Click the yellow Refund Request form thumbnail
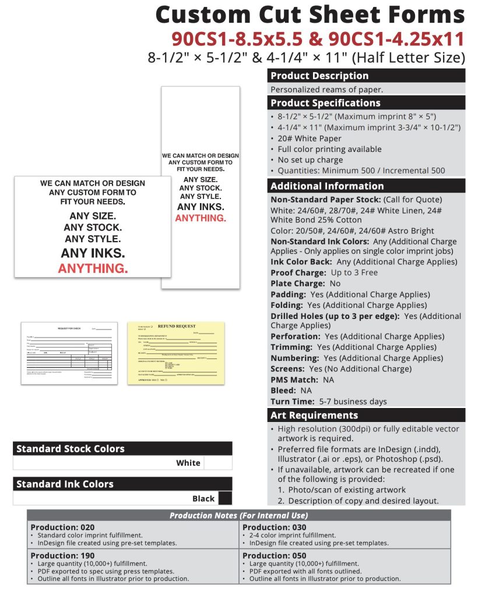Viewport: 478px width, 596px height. tap(167, 353)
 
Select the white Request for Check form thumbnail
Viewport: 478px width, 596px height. tap(69, 352)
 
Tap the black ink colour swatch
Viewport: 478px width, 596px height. tap(224, 498)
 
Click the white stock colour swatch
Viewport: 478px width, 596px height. tap(218, 463)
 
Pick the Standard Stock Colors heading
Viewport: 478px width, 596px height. tap(71, 449)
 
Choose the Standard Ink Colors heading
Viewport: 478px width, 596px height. tap(65, 484)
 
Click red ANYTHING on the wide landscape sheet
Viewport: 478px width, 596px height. tap(93, 268)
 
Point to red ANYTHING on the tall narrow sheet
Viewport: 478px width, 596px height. tap(201, 218)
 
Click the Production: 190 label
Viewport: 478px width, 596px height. tap(62, 556)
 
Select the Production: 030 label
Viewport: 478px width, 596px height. tap(274, 527)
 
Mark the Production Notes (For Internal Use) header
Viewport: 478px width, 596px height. tap(238, 516)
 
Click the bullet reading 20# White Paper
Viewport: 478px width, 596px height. tap(310, 139)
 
